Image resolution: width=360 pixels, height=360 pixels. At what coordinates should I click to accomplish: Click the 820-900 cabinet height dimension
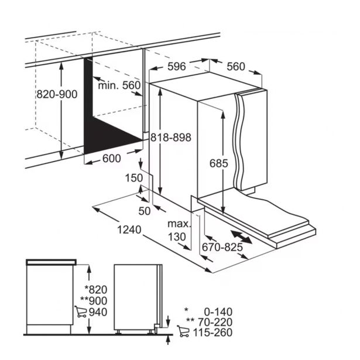tap(57, 94)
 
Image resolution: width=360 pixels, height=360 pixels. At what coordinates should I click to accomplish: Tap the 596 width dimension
tap(177, 67)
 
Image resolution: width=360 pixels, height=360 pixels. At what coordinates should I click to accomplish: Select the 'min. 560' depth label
tap(119, 85)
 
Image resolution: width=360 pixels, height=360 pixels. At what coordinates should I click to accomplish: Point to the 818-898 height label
tap(171, 138)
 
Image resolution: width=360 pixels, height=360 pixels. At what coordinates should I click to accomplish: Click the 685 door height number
tap(219, 163)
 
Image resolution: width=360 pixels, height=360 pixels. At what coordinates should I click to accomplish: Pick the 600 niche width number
tap(112, 159)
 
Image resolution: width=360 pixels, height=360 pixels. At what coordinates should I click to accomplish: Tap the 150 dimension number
tap(134, 178)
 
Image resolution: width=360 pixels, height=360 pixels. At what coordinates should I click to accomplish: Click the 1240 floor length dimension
tap(129, 229)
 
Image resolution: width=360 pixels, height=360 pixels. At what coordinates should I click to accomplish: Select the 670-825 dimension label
tap(222, 247)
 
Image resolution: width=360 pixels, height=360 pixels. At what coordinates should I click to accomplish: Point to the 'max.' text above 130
tap(179, 224)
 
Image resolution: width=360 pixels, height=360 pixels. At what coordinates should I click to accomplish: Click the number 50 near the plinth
tap(145, 211)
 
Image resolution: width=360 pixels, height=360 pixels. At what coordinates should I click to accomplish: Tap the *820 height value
tap(96, 290)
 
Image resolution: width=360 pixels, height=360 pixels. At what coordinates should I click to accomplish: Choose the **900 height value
tap(94, 301)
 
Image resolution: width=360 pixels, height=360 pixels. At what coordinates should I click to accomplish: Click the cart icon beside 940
tap(81, 311)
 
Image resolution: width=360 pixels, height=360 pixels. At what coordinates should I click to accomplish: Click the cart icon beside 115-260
tap(183, 331)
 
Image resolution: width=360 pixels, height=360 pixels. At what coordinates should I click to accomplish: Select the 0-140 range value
tap(218, 312)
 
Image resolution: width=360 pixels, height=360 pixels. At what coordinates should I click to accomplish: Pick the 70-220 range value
tap(215, 323)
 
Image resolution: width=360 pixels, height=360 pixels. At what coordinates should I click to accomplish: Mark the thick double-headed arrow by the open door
tap(241, 237)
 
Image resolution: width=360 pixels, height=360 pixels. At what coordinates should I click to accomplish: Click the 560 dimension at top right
tap(236, 67)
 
